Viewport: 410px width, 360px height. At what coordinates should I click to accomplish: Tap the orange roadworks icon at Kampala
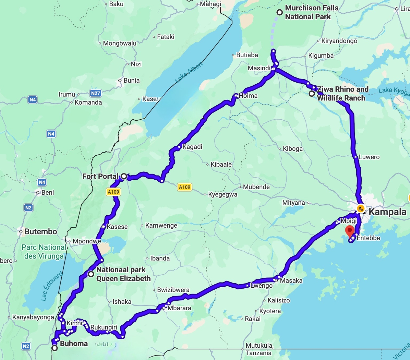361,209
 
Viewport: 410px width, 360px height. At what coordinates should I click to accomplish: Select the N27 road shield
96,93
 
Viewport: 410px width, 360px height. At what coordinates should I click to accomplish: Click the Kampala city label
387,212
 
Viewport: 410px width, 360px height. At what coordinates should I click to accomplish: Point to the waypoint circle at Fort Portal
124,176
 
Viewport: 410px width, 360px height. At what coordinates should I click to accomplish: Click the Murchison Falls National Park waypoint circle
280,12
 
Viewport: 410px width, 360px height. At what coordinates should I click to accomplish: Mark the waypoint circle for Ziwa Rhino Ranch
312,93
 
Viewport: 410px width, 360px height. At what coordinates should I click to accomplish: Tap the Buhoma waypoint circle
54,348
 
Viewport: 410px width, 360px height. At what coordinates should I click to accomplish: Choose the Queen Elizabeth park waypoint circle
91,274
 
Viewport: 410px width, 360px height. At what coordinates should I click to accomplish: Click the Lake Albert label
189,72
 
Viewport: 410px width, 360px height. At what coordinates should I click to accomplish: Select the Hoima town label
248,96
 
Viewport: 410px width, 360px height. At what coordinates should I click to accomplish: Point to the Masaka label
291,280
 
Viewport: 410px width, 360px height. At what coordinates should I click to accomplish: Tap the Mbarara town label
179,308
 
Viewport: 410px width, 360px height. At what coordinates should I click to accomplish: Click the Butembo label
41,232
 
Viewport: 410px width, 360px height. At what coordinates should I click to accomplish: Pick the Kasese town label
117,227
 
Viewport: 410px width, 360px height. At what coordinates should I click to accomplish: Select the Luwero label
369,157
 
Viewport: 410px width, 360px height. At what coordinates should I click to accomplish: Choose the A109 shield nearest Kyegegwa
185,187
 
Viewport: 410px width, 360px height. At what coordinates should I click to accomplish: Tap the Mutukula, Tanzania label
259,349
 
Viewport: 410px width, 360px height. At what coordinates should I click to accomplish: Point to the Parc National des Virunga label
44,251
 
